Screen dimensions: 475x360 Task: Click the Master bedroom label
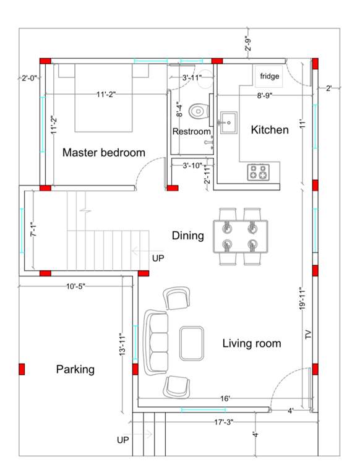tap(104, 152)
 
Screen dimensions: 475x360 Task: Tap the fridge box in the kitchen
tap(269, 76)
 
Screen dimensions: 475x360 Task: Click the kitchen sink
tap(228, 122)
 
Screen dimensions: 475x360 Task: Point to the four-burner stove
tap(259, 172)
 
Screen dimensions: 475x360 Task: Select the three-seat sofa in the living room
tap(156, 342)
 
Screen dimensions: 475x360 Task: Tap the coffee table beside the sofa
tap(192, 343)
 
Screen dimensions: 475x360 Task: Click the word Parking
tap(75, 369)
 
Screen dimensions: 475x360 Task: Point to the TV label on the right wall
tap(307, 335)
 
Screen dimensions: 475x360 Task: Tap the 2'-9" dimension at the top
tap(248, 44)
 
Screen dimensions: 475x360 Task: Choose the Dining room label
tap(187, 235)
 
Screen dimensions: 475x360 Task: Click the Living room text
tap(252, 343)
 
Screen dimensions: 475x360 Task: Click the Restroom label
tap(191, 132)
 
